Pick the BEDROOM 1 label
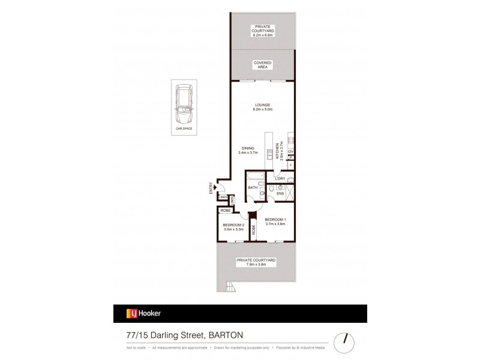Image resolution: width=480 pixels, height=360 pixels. coord(276,220)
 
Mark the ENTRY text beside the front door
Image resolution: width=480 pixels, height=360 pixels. coord(211,188)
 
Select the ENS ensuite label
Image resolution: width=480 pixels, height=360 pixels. coord(280,194)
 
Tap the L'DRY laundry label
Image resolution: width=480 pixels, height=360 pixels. coord(279,178)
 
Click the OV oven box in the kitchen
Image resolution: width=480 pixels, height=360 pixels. coord(291,151)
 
